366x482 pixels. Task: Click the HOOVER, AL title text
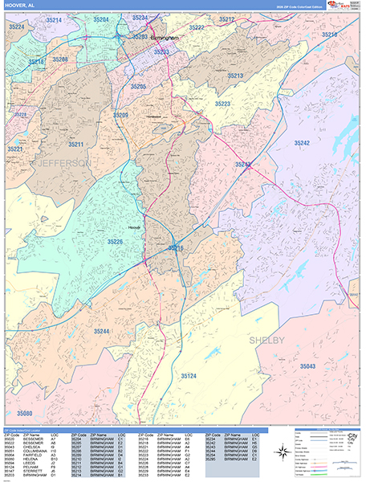21,6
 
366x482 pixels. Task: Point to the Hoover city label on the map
134,227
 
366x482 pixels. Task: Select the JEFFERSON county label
61,163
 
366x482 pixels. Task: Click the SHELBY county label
267,341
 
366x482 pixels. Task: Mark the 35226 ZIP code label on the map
116,242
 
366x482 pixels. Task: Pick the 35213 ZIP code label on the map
234,76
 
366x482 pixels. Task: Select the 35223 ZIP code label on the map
222,104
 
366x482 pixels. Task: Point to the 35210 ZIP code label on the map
329,35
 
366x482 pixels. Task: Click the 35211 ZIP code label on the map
75,145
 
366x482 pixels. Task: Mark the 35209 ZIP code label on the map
120,116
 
